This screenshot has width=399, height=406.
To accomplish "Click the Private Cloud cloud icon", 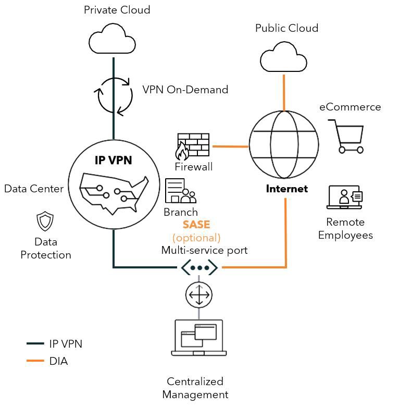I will point(112,41).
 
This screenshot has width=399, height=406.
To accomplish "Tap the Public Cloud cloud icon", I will point(283,59).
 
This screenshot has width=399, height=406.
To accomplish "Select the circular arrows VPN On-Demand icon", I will point(114,95).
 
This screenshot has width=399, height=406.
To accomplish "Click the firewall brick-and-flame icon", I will point(193,146).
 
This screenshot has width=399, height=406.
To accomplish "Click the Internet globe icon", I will point(283,145).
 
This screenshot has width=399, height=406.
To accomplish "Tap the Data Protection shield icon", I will point(45,221).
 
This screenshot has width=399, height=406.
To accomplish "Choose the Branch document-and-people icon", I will point(180,191).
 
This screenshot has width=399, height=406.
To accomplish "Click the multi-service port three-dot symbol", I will point(199,268).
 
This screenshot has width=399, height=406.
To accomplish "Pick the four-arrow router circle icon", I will point(198,295).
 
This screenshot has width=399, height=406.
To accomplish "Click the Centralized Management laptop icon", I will point(198,337).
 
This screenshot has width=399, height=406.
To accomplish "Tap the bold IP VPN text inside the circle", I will point(113,161).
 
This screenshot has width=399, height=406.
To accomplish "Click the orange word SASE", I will point(196,225).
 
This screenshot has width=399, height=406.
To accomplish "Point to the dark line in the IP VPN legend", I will point(35,344).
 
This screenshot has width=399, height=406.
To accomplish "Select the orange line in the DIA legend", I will point(35,361).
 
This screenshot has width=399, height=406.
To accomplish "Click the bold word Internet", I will point(286,189).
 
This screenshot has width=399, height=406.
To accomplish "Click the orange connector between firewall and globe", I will point(230,146).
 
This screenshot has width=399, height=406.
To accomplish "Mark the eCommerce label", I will point(350,107).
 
